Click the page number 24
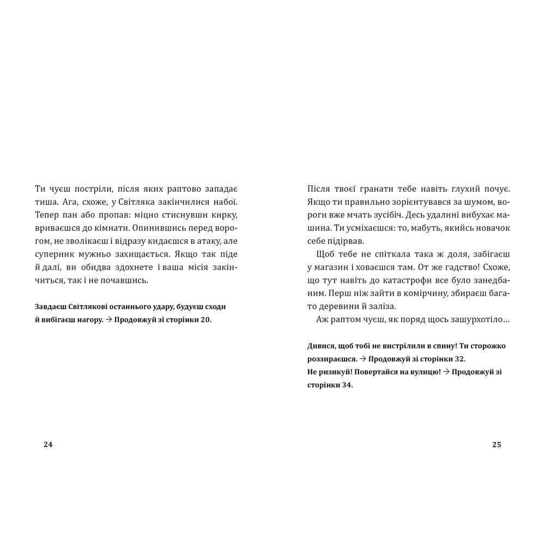tap(48, 444)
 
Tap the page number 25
tap(496, 444)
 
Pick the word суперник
tap(53, 255)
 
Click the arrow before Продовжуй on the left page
tap(108, 320)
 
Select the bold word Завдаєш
tap(51, 306)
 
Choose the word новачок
tap(492, 228)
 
